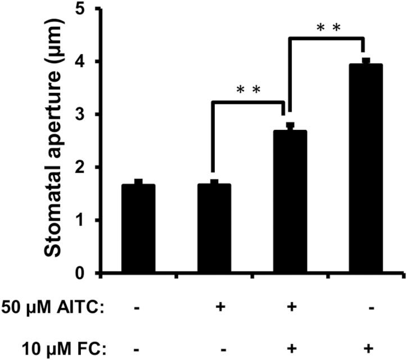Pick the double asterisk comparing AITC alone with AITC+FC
[248, 91]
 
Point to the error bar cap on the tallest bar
[366, 60]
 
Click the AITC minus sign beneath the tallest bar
[366, 308]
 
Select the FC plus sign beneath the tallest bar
[366, 349]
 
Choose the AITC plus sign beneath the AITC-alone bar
[220, 308]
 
